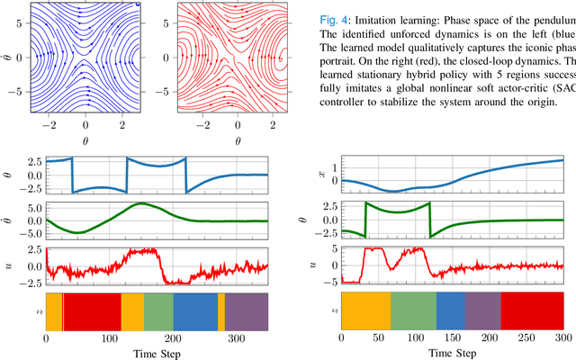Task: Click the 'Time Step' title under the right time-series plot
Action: (x=453, y=354)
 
